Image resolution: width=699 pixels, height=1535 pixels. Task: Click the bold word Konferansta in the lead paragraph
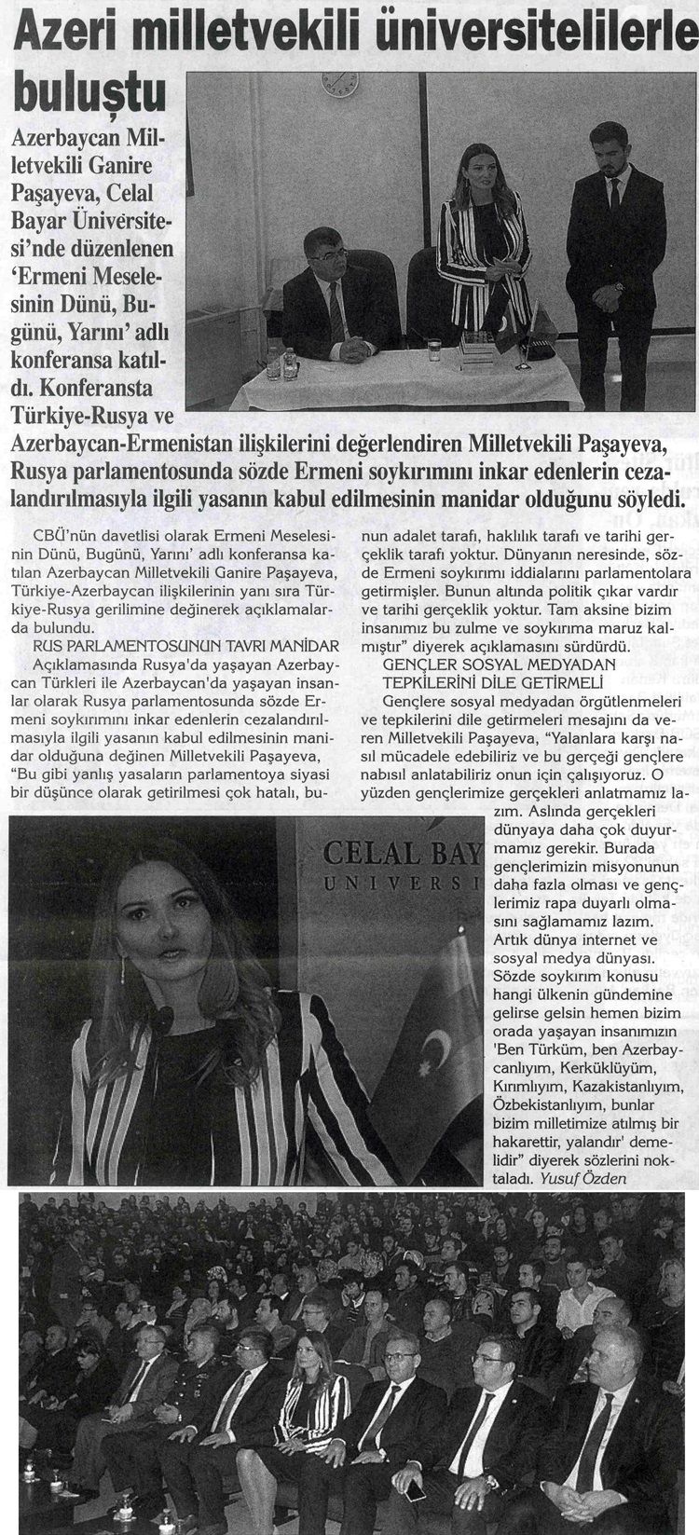coord(107,385)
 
